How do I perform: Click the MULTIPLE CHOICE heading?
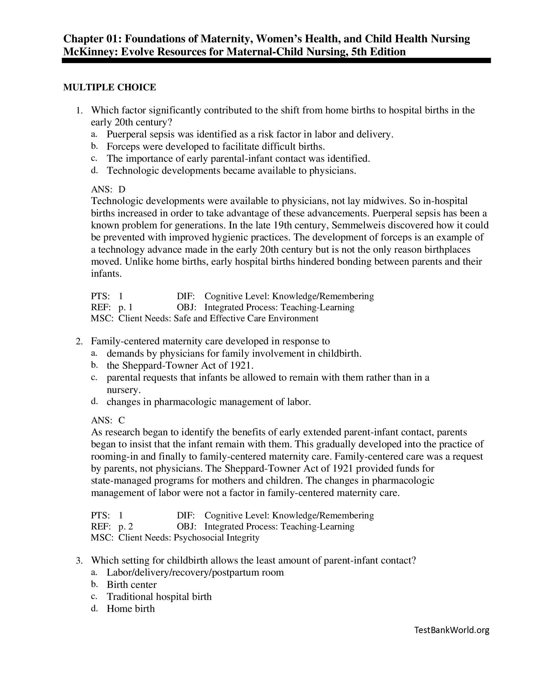point(109,87)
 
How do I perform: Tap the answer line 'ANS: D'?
point(108,189)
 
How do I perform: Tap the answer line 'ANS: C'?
point(108,420)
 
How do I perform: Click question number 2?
point(79,341)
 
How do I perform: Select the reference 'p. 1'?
point(125,307)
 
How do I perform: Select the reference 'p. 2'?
point(125,526)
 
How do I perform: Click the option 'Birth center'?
point(132,584)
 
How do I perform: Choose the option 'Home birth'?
point(131,609)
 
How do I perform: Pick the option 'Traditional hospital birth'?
point(159,596)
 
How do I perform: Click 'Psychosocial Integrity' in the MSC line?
point(216,537)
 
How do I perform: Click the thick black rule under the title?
point(276,60)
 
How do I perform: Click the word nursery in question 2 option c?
point(123,390)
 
